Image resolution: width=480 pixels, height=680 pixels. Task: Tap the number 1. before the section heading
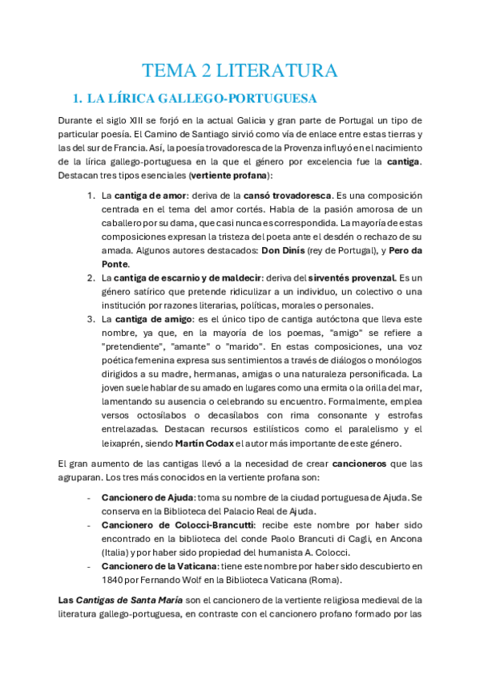(x=78, y=99)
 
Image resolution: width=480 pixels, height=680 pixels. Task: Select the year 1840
(x=114, y=581)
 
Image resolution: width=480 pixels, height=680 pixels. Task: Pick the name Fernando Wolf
(x=172, y=581)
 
